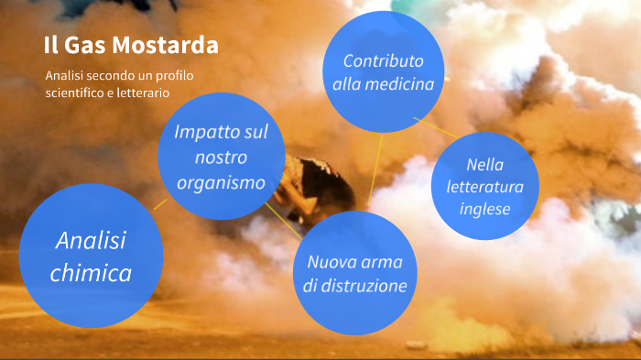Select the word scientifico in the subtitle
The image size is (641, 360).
tap(76, 93)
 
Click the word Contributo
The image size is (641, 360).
tap(384, 61)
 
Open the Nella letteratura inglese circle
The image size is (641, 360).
tap(485, 187)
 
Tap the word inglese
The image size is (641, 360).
tap(485, 209)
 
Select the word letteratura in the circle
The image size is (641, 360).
tap(485, 187)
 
